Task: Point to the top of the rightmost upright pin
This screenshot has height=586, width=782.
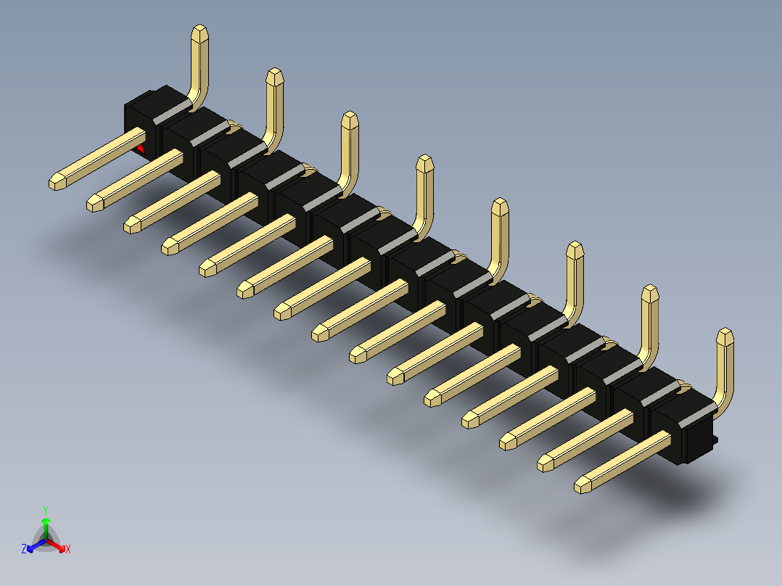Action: coord(725,335)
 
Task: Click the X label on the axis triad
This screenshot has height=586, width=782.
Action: coord(68,550)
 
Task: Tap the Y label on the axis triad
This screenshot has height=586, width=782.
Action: coord(45,510)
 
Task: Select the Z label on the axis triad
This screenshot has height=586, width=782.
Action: coord(24,549)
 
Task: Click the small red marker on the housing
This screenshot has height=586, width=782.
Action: coord(141,149)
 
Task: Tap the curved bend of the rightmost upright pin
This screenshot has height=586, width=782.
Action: coord(720,403)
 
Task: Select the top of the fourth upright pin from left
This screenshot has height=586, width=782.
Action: coord(424,162)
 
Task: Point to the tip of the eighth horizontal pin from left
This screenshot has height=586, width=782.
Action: coord(319,333)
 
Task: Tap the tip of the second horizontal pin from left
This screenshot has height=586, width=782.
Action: coord(94,204)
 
